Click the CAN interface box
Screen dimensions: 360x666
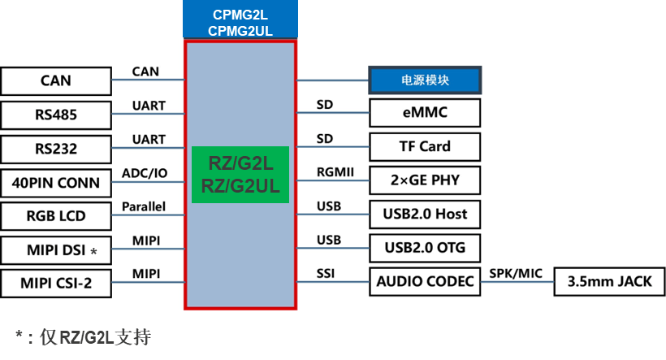click(x=55, y=81)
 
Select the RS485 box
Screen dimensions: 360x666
click(x=55, y=115)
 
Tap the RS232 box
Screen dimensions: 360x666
click(x=55, y=149)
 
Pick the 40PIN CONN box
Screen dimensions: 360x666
click(x=55, y=183)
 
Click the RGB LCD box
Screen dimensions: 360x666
click(x=55, y=217)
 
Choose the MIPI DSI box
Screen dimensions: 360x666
click(x=55, y=250)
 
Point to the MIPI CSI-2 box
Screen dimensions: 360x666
click(x=55, y=284)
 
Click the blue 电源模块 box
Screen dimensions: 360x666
click(x=425, y=80)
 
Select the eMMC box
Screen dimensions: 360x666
click(x=425, y=113)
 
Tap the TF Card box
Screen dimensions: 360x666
click(x=425, y=147)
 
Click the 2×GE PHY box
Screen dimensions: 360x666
click(x=425, y=180)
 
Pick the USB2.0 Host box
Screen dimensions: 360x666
click(x=425, y=215)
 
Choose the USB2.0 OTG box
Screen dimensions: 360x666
click(x=425, y=248)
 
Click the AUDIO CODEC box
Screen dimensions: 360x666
click(x=425, y=282)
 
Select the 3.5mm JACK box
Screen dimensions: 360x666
click(x=609, y=282)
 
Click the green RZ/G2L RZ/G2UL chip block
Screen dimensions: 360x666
click(x=240, y=175)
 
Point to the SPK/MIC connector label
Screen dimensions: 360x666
click(x=515, y=272)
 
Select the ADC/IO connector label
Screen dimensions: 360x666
click(x=145, y=173)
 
